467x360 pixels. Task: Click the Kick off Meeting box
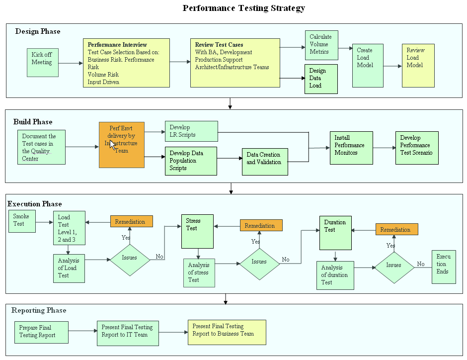point(42,62)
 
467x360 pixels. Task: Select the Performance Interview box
point(126,63)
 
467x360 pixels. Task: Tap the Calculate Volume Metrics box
point(321,45)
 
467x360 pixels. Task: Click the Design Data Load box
point(321,79)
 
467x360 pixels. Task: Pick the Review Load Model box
point(417,65)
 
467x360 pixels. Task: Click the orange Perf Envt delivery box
point(122,144)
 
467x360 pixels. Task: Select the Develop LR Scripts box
point(191,131)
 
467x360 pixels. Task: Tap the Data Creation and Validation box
point(264,162)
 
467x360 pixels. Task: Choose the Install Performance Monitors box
point(351,148)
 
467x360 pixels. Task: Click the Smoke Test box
point(22,221)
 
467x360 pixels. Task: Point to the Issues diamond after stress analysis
point(259,262)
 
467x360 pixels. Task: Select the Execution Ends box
point(443,267)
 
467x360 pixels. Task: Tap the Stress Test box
point(197,231)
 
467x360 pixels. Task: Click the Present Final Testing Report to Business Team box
point(227,332)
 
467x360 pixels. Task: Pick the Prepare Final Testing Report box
point(42,332)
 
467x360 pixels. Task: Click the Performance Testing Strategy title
point(243,8)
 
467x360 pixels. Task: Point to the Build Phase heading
point(33,122)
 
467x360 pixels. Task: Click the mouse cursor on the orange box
point(112,145)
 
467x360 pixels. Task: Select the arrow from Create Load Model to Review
point(392,65)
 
